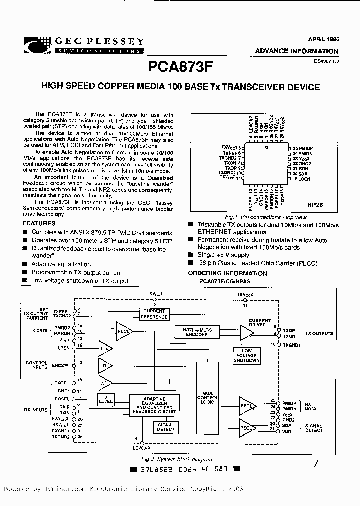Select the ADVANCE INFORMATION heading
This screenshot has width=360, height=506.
(296, 51)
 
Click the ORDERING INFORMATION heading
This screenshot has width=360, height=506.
(227, 273)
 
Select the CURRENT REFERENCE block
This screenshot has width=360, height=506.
(154, 314)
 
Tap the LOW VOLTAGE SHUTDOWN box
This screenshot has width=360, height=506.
(247, 355)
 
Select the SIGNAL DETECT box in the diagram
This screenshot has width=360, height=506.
(166, 426)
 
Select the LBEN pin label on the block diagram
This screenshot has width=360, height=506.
(63, 347)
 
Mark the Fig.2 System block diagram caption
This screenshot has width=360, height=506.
(184, 459)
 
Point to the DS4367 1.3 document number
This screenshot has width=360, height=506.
(326, 61)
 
